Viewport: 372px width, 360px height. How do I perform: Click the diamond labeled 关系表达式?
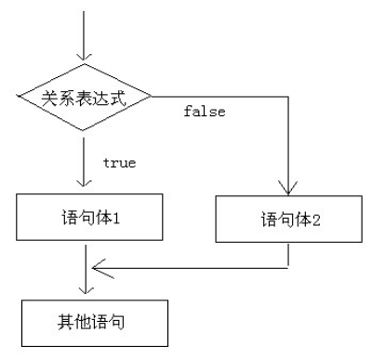(x=86, y=96)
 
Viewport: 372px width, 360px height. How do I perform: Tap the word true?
(x=119, y=163)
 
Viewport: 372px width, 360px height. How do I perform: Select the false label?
(x=203, y=113)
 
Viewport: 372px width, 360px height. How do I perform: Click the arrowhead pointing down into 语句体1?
(x=86, y=185)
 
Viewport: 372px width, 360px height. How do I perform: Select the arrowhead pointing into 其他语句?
(x=86, y=290)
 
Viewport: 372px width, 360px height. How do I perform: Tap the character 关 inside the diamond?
(x=50, y=97)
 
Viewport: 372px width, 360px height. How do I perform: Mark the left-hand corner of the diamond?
(x=18, y=96)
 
